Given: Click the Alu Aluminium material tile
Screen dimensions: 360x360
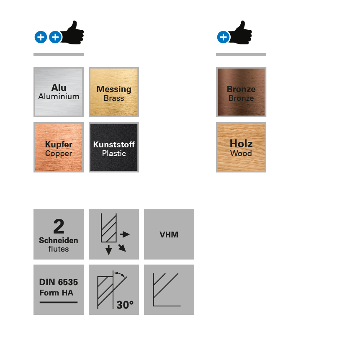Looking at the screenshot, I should [x=59, y=92].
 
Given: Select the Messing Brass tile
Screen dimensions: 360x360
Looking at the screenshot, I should [x=114, y=92].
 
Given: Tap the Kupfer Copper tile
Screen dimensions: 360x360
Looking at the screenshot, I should [x=59, y=147].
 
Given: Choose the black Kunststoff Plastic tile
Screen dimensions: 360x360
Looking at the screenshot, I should [x=114, y=147].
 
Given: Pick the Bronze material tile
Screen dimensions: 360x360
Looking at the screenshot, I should [x=241, y=92].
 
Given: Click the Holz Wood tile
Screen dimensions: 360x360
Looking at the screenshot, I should [x=241, y=147].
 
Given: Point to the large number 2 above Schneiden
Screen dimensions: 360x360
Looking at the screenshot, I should [x=59, y=227].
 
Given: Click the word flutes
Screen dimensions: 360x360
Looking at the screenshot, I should [x=59, y=249].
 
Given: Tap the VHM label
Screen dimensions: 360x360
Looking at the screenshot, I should [x=169, y=234].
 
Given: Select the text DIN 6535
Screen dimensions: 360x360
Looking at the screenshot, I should [x=59, y=282].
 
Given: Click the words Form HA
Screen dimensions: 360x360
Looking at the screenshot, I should [x=57, y=293].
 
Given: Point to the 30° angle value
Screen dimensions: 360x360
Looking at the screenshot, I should [x=125, y=305].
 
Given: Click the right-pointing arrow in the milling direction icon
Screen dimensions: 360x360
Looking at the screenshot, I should [x=125, y=234].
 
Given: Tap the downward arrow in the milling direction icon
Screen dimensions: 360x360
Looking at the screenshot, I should [x=109, y=250].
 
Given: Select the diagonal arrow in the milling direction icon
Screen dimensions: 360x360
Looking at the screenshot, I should [x=122, y=248].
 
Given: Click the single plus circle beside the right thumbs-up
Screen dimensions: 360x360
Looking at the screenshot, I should [x=223, y=37].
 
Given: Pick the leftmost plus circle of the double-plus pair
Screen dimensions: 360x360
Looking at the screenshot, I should [x=41, y=37].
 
